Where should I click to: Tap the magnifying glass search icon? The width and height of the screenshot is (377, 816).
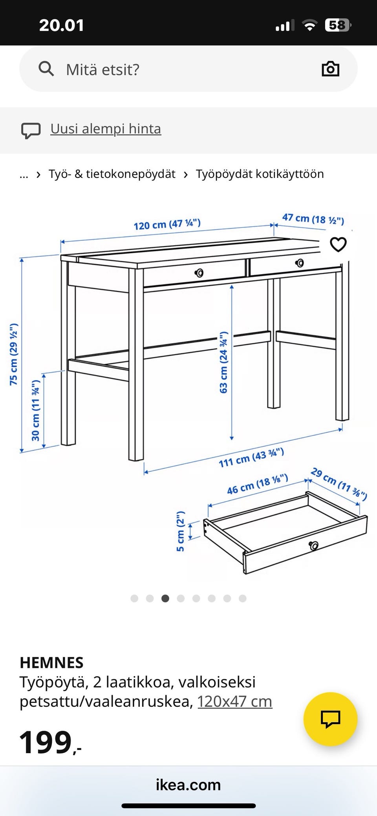(x=46, y=69)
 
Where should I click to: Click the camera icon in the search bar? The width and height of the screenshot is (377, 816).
(x=330, y=69)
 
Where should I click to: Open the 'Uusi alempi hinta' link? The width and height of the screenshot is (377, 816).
(x=106, y=129)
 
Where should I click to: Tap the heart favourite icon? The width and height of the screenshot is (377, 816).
(x=338, y=244)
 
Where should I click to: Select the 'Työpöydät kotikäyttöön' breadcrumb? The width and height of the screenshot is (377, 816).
(x=260, y=174)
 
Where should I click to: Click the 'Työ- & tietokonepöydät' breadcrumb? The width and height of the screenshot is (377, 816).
(x=112, y=174)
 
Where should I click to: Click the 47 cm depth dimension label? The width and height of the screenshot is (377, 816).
(x=313, y=219)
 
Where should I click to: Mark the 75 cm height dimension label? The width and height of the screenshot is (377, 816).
(x=14, y=354)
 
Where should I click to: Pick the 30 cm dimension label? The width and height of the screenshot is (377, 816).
(x=36, y=410)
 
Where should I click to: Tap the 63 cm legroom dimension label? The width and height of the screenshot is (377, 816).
(x=223, y=362)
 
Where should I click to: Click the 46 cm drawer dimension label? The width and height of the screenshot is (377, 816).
(x=258, y=485)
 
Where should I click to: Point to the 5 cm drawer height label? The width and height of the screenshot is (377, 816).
(x=180, y=531)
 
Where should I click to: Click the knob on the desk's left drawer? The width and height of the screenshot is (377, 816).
(x=199, y=273)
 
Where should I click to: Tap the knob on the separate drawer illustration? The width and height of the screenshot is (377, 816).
(x=313, y=545)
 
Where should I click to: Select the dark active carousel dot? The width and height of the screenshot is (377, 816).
(x=165, y=598)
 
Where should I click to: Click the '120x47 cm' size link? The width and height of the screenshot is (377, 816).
(x=235, y=701)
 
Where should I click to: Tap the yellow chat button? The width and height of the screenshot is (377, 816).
(x=330, y=719)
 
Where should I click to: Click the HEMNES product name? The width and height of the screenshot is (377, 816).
(x=51, y=663)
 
